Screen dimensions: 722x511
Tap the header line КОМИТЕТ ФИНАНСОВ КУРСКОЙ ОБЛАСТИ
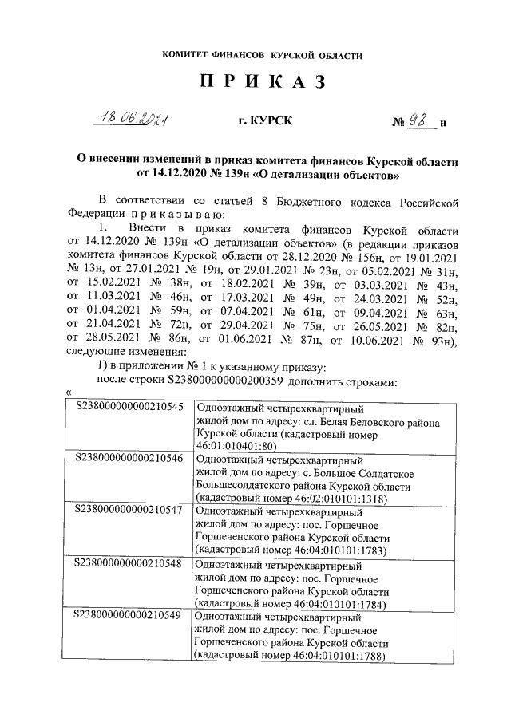(262, 55)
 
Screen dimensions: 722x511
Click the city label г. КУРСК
(265, 121)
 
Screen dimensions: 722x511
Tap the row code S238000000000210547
(129, 509)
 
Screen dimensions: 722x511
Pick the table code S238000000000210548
(129, 561)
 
